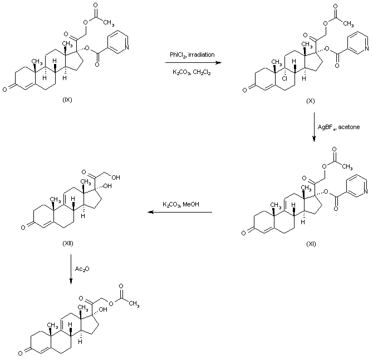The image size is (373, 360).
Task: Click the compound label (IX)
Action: coord(68,100)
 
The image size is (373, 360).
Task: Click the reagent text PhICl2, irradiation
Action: coord(192,54)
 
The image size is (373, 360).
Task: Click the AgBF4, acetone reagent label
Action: coord(338,127)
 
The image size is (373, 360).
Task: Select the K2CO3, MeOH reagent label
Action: coord(181,204)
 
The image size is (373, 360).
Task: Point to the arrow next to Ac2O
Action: coord(71,269)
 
